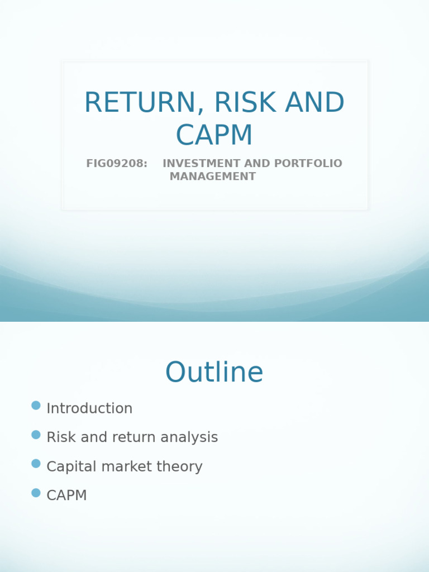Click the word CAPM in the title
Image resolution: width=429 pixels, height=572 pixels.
tap(214, 135)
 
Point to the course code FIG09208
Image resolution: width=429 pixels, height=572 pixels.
tap(117, 164)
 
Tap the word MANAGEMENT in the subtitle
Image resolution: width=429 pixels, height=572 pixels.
tap(213, 177)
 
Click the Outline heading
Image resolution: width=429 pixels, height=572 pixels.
tap(214, 373)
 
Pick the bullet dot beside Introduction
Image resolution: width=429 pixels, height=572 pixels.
tap(36, 406)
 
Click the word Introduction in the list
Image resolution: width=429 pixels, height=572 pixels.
tap(89, 408)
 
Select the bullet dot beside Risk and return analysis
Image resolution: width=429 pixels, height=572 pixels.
tap(36, 435)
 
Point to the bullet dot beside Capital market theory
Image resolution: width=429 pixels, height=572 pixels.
tap(36, 464)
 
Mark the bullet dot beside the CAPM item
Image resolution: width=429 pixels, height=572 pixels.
tap(36, 493)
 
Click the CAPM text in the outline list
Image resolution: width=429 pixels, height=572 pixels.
tap(66, 495)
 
